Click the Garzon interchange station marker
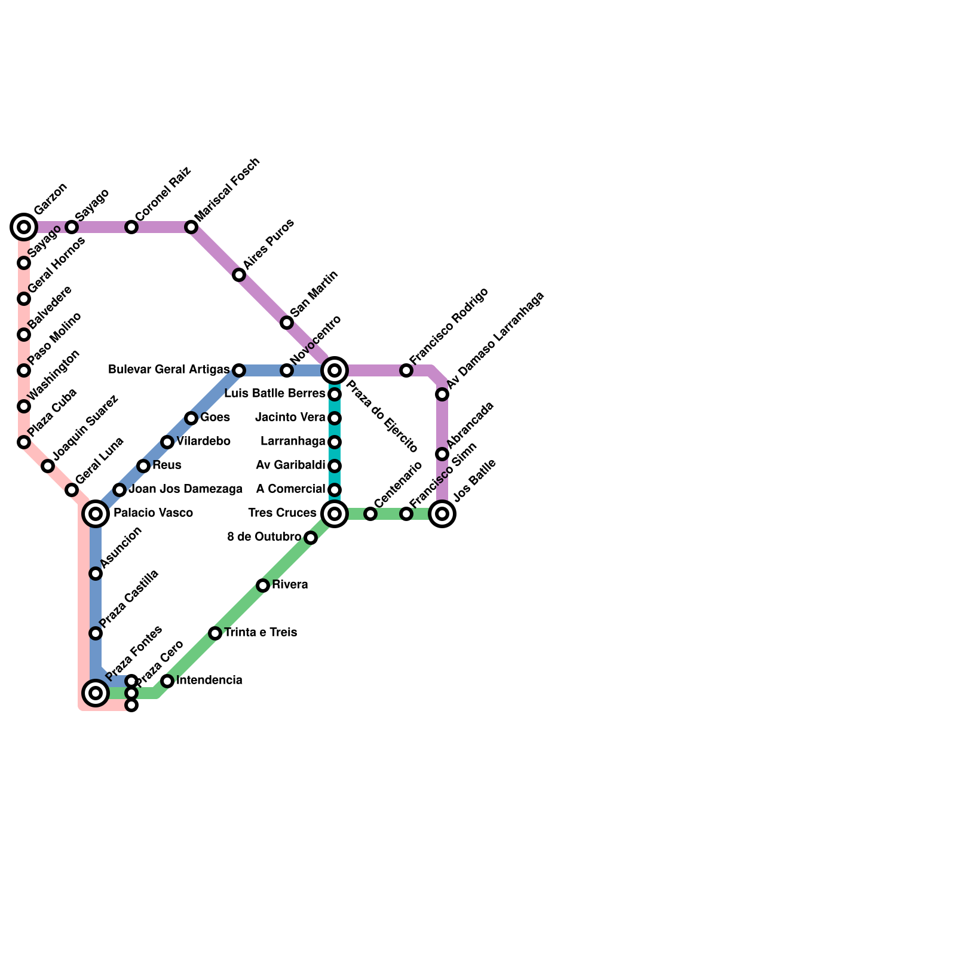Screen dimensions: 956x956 [x=24, y=227]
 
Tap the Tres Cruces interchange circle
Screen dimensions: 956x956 [x=335, y=513]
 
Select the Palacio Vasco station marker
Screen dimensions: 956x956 [x=96, y=513]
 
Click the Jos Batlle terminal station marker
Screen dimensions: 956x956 [x=442, y=513]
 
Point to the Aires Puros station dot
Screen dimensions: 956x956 [x=239, y=275]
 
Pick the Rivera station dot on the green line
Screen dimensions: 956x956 [x=263, y=586]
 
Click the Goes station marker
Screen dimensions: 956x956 [x=191, y=418]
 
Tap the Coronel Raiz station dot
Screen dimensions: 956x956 [x=131, y=227]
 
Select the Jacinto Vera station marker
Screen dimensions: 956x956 [x=335, y=418]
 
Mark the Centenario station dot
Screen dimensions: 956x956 [x=370, y=514]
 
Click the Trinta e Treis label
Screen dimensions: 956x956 [x=261, y=632]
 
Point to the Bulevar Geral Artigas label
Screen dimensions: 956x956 [x=168, y=370]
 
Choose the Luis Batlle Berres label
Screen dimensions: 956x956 [x=275, y=394]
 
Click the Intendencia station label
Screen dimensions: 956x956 [x=209, y=680]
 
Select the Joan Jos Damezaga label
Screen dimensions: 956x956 [x=185, y=489]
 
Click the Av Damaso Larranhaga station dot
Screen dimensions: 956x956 [x=442, y=394]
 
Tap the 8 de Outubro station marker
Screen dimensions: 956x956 [x=311, y=538]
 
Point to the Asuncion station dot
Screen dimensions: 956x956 [x=96, y=574]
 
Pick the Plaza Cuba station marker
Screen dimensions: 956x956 [x=24, y=442]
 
